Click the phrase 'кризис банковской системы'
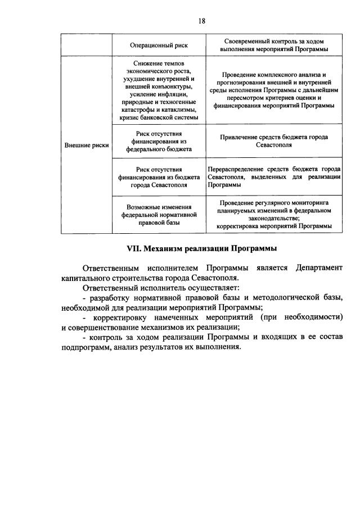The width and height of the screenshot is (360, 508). (159, 117)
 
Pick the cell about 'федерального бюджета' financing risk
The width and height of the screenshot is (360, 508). (159, 141)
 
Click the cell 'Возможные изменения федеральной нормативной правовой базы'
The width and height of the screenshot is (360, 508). (159, 215)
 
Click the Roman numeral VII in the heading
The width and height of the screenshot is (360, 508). (133, 248)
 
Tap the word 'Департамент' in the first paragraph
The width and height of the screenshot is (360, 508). (318, 267)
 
